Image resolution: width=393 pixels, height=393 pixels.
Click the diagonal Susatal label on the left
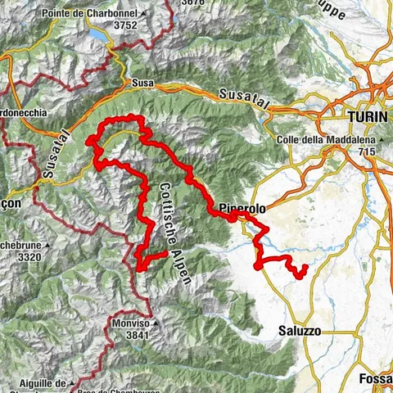point(52,156)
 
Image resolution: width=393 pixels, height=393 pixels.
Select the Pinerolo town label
point(244,209)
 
